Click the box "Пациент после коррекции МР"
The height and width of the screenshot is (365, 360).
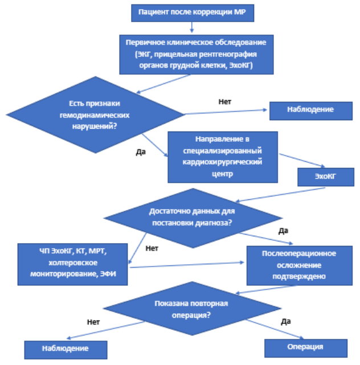coord(193,13)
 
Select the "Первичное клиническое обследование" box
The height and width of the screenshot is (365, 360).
coord(197,55)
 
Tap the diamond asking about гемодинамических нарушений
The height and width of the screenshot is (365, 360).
coord(95,114)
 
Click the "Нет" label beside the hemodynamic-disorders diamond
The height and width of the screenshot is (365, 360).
coord(224,102)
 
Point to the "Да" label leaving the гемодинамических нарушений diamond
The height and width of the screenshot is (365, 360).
coord(141,152)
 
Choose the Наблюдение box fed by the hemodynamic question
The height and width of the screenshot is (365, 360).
coord(311,111)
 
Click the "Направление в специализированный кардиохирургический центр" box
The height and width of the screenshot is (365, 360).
coord(223,157)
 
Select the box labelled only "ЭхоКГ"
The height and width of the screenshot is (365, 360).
coord(326,177)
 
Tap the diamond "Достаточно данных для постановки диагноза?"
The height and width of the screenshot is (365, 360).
coord(193,218)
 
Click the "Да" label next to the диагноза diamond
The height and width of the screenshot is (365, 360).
coord(283,231)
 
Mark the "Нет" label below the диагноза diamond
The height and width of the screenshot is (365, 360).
coord(152,248)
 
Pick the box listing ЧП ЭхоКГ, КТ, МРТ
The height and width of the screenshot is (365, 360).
coord(73,264)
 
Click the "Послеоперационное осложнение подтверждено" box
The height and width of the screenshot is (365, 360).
coord(300,265)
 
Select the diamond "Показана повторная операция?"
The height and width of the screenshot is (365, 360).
coord(192,309)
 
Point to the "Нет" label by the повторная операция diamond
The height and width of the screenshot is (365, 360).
coord(93,322)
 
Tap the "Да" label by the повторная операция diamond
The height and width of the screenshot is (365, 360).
coord(286,322)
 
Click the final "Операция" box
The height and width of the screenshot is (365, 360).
coord(306,348)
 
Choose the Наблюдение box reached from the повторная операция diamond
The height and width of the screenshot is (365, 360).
coord(66,350)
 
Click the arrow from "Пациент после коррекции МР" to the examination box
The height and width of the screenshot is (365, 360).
coord(191,27)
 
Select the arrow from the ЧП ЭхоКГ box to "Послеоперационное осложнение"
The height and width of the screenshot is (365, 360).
coord(187,265)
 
